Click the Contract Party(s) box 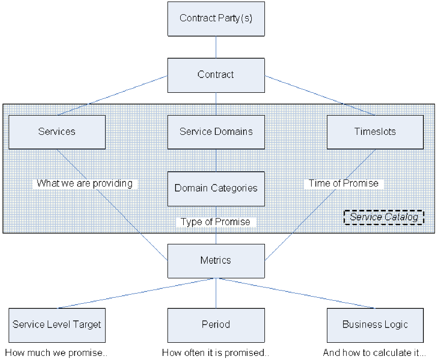pos(216,19)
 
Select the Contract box pos(216,75)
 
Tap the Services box pos(57,132)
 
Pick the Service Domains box pos(216,132)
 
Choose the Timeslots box pos(375,132)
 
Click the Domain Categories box pos(216,189)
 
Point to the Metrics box pos(216,261)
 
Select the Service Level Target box pos(57,325)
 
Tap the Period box pos(216,325)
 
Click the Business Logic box pos(375,325)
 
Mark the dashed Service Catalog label pos(384,218)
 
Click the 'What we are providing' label pos(85,184)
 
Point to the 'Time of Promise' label pos(344,184)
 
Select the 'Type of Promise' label pos(216,222)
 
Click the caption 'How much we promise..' pos(56,352)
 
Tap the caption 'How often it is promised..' pos(216,352)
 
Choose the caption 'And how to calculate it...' pos(374,352)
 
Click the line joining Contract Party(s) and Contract pos(216,47)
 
